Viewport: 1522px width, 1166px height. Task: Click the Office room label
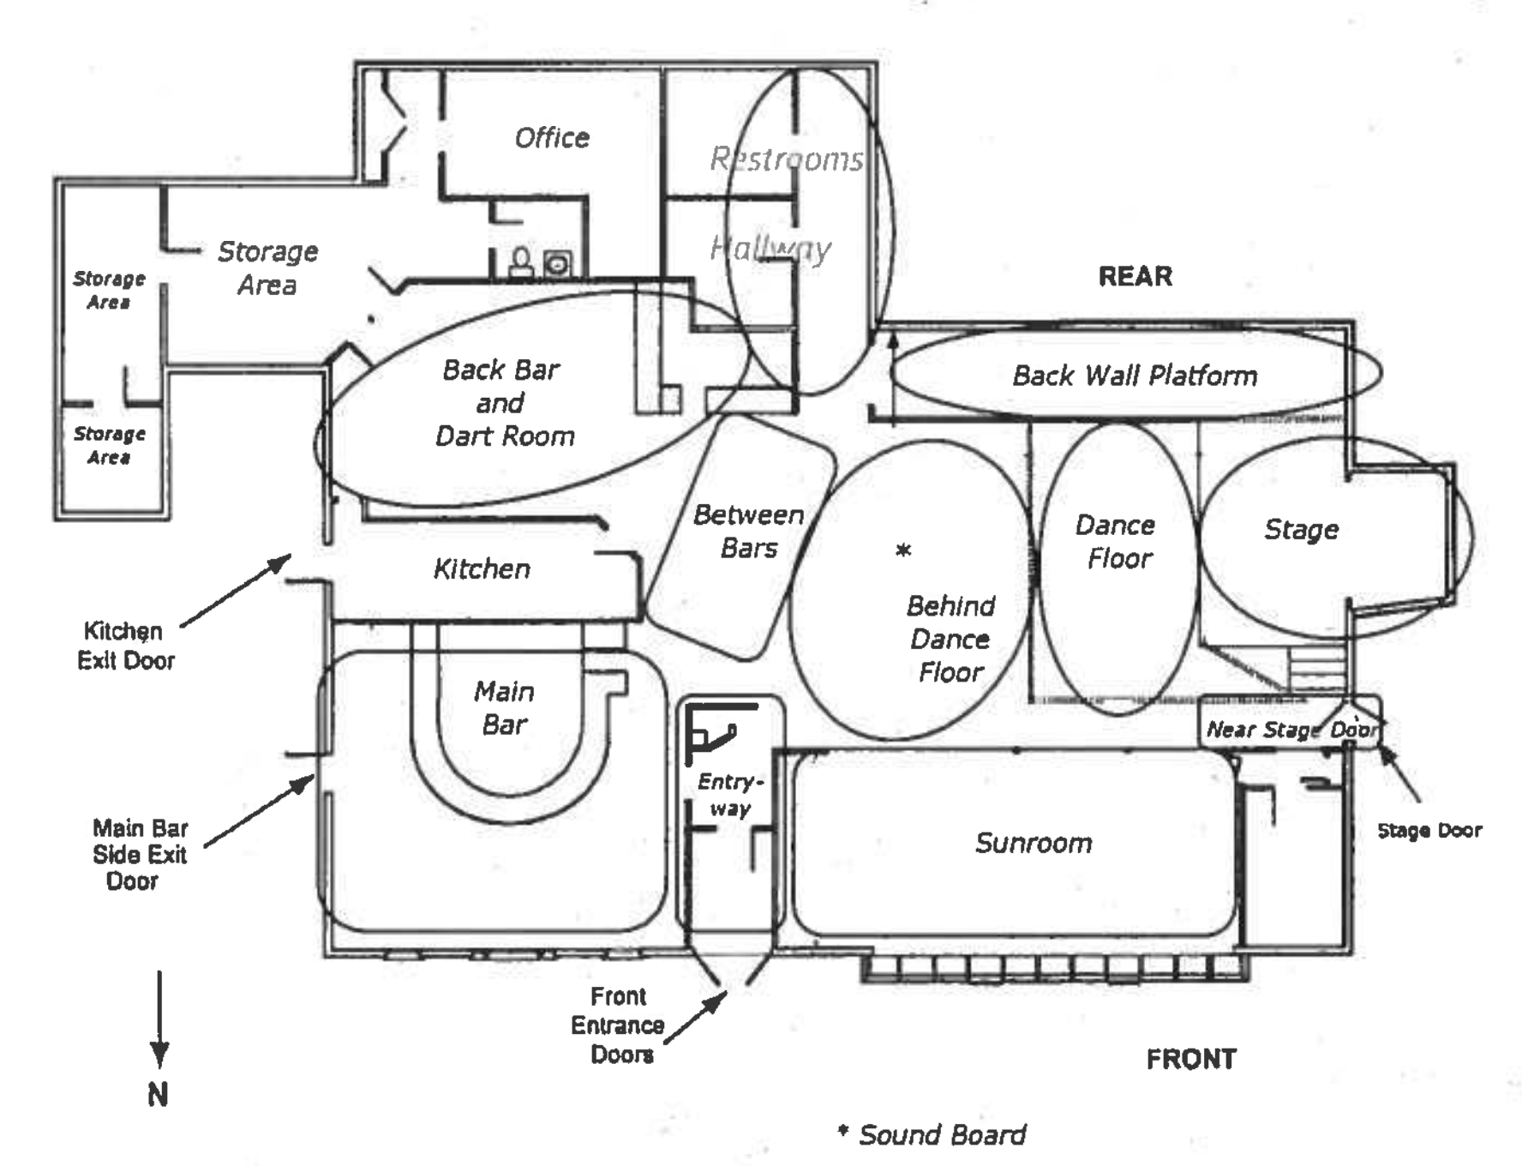click(552, 137)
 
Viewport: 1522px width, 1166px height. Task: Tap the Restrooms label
click(787, 159)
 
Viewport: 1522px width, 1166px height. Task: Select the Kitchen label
click(482, 568)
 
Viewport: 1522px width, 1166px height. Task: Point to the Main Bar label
click(504, 708)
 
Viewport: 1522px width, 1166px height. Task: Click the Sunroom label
click(1034, 843)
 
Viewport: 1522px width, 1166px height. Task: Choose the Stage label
click(1301, 530)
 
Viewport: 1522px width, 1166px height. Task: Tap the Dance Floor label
click(1117, 542)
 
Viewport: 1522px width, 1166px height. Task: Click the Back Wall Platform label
click(1135, 376)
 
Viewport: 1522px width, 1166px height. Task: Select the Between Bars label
click(749, 531)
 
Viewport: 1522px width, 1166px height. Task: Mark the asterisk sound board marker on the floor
click(903, 550)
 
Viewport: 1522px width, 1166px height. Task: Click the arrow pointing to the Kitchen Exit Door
click(236, 591)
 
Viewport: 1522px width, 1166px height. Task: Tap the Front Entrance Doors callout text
click(618, 1025)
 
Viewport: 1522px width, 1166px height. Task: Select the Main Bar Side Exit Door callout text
click(140, 854)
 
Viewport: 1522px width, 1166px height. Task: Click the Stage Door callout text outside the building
click(1429, 830)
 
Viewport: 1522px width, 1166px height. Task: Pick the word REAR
click(1135, 276)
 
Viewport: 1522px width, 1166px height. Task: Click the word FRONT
click(1191, 1059)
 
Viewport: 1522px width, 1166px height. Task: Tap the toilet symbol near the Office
click(520, 262)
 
